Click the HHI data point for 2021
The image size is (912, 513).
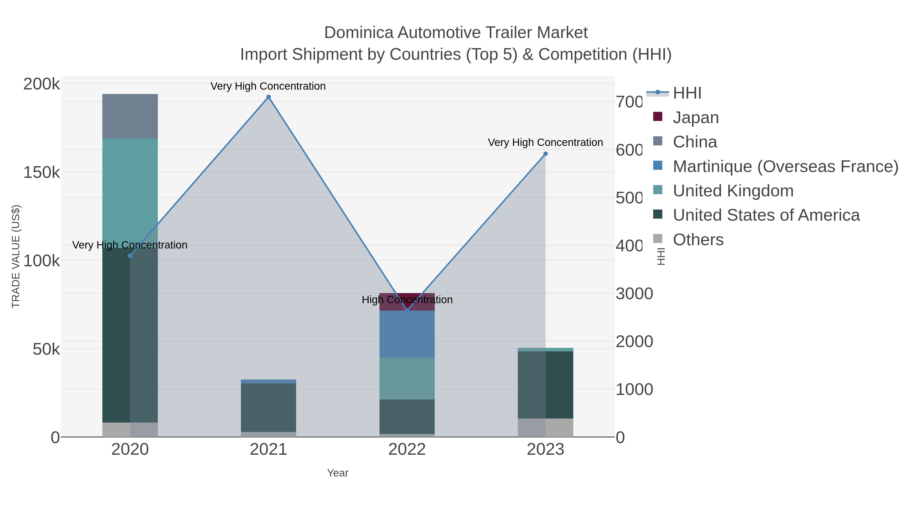point(268,97)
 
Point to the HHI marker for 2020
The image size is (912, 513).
point(130,256)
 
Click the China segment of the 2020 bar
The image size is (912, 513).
point(130,116)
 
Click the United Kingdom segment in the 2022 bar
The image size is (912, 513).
point(407,378)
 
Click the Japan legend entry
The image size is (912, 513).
point(695,118)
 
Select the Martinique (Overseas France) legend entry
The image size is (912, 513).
point(785,166)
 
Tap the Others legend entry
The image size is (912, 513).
point(698,240)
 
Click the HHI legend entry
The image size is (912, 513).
point(687,93)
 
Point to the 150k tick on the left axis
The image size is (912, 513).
point(42,173)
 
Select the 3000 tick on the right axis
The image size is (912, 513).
point(634,294)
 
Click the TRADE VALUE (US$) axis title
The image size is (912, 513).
point(16,256)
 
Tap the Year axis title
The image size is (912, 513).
point(338,473)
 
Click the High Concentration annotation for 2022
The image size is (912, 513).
point(407,300)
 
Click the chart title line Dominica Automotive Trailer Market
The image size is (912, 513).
point(456,33)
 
